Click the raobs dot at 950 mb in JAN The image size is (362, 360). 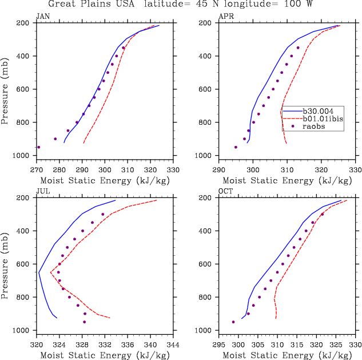click(x=39, y=147)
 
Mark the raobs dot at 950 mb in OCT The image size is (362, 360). click(x=233, y=322)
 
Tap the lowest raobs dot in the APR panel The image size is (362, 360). click(x=236, y=147)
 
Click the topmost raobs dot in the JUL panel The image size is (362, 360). click(x=103, y=214)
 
